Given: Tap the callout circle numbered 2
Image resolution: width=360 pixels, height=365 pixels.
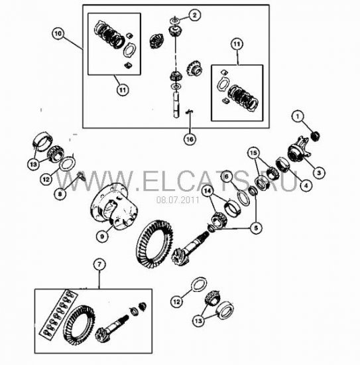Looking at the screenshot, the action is [194, 15].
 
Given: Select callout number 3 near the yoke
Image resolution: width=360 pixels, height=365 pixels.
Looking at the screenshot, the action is [319, 173].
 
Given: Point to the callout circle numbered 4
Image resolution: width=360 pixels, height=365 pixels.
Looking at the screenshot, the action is [306, 185].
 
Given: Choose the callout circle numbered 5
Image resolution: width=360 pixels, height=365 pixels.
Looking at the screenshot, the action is [256, 228].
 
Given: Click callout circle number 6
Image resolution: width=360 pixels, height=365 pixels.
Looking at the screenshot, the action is [227, 177].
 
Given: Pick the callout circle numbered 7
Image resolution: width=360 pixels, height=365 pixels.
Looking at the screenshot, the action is [99, 264].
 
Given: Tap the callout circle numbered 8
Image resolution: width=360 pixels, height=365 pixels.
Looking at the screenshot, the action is [60, 194].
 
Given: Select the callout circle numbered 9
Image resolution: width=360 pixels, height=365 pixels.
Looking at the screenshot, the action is [102, 236].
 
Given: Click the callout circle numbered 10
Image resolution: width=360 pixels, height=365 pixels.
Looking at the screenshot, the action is [58, 34].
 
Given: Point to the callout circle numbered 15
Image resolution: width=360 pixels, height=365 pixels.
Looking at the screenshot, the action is [253, 153].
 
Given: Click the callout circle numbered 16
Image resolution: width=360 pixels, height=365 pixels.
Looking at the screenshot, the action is [190, 139].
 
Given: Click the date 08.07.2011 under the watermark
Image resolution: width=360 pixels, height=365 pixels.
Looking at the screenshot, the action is [178, 200].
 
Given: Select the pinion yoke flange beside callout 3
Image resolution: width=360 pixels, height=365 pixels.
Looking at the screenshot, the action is [298, 148].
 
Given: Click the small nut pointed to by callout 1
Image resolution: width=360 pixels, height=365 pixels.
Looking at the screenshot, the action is [316, 136].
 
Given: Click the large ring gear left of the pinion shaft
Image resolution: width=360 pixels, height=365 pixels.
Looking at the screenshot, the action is [154, 244].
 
